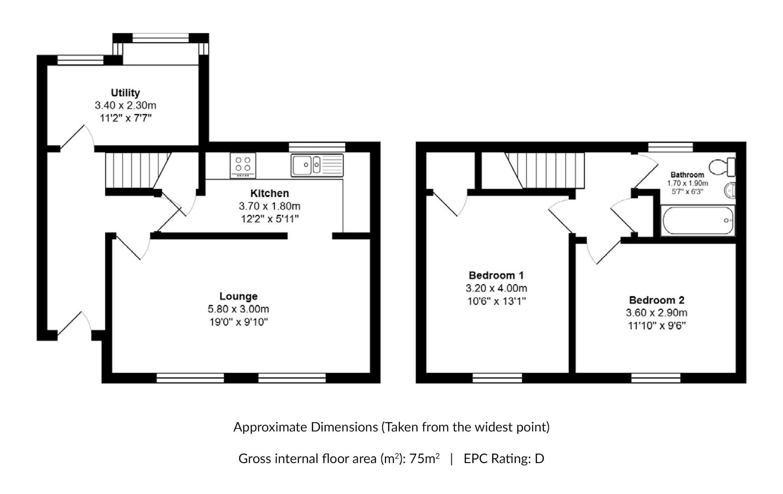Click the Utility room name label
pyautogui.click(x=125, y=93)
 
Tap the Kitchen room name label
pyautogui.click(x=270, y=193)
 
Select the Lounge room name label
pyautogui.click(x=239, y=296)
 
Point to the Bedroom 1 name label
pyautogui.click(x=496, y=275)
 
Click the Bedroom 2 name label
pyautogui.click(x=657, y=300)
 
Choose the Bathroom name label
pyautogui.click(x=687, y=175)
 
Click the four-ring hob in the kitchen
pyautogui.click(x=243, y=165)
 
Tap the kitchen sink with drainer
pyautogui.click(x=317, y=165)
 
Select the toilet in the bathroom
pyautogui.click(x=722, y=167)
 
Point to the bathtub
pyautogui.click(x=698, y=221)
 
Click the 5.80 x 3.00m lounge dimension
pyautogui.click(x=239, y=309)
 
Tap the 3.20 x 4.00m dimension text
pyautogui.click(x=496, y=288)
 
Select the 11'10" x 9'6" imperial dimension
pyautogui.click(x=657, y=326)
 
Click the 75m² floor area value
pyautogui.click(x=425, y=458)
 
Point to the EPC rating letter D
pyautogui.click(x=540, y=459)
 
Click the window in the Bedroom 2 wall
pyautogui.click(x=656, y=378)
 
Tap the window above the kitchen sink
pyautogui.click(x=317, y=147)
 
